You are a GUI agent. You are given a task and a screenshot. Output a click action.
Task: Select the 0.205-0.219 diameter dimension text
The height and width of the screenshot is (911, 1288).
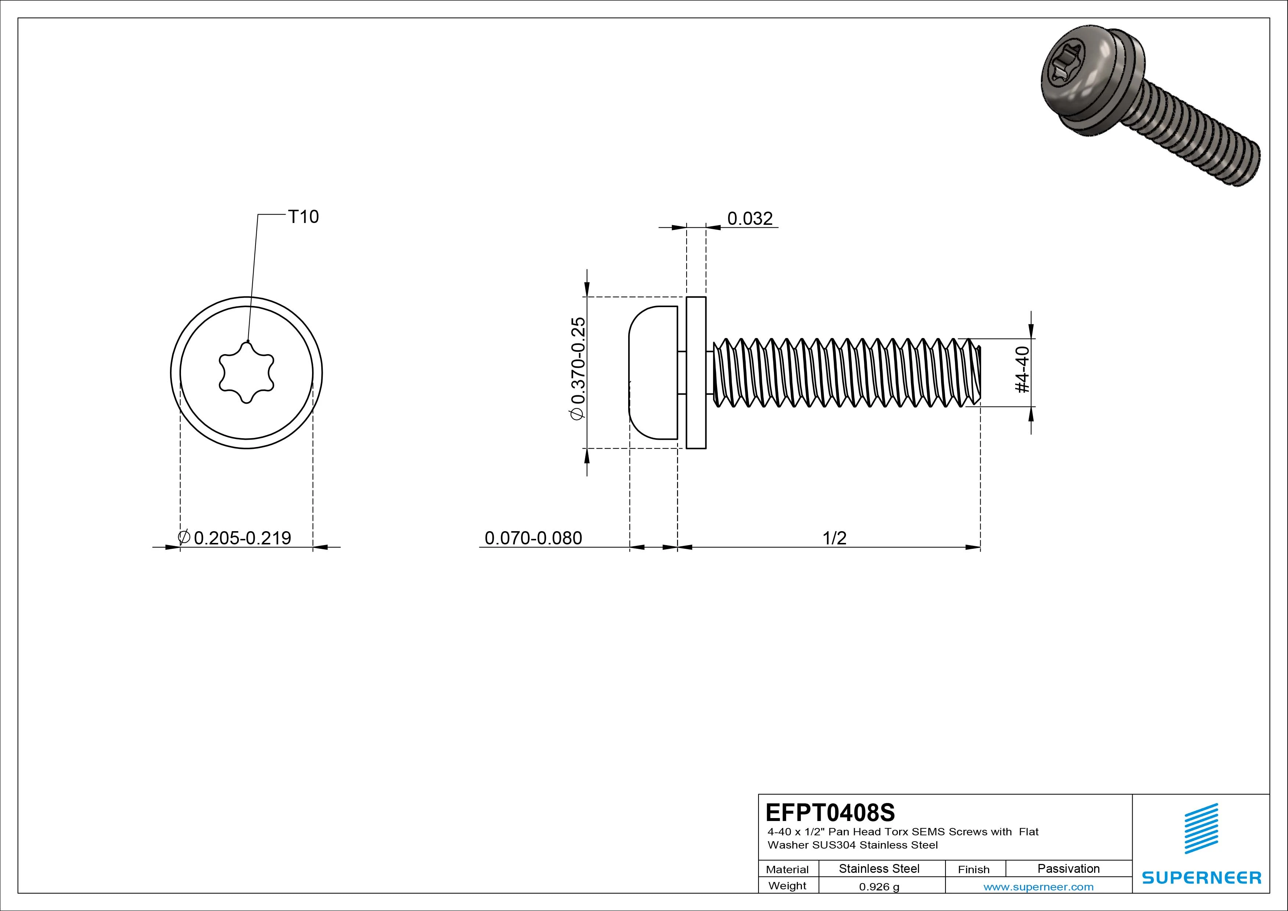pyautogui.click(x=242, y=538)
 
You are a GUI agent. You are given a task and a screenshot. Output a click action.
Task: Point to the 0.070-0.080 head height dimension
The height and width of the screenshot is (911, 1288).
pyautogui.click(x=533, y=538)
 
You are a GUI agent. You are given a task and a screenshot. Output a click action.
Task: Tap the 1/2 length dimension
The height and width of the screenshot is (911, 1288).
pyautogui.click(x=834, y=538)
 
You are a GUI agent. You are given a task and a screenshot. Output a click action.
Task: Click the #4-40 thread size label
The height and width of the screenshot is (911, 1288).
pyautogui.click(x=1022, y=369)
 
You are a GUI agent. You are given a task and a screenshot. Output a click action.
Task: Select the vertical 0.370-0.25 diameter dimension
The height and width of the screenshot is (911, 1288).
pyautogui.click(x=578, y=368)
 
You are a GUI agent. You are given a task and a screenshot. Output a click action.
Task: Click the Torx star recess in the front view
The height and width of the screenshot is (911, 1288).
pyautogui.click(x=246, y=373)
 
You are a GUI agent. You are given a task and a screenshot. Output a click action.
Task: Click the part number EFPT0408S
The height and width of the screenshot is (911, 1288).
pyautogui.click(x=830, y=812)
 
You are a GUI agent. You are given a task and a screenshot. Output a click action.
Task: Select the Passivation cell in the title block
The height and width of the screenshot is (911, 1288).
pyautogui.click(x=1068, y=868)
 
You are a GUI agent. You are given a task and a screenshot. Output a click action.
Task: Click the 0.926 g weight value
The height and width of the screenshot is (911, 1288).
pyautogui.click(x=879, y=887)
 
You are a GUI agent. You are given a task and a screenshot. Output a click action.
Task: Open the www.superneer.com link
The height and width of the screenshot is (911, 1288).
pyautogui.click(x=1038, y=887)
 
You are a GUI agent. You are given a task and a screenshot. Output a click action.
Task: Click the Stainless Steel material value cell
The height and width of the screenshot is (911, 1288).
pyautogui.click(x=879, y=868)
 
